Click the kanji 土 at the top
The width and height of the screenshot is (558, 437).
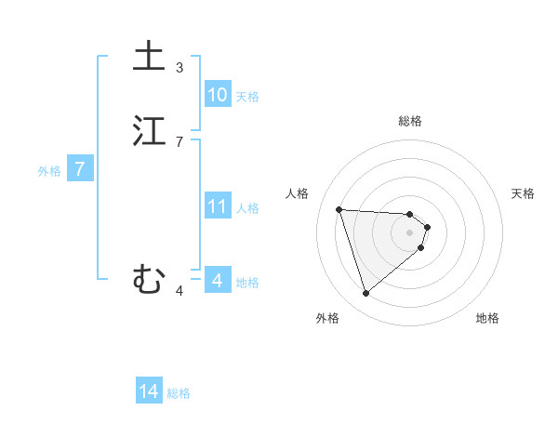[x=149, y=56]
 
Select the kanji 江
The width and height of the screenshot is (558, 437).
[x=149, y=131]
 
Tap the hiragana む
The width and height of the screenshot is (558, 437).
[x=149, y=279]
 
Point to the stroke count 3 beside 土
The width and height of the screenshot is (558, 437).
[x=179, y=67]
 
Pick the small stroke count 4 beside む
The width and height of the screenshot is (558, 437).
[x=179, y=291]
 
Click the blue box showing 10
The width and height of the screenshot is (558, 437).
[x=217, y=95]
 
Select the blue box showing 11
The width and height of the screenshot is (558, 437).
[x=217, y=206]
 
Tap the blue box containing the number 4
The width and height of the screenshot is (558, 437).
[x=217, y=281]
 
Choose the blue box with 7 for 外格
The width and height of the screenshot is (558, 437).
[x=80, y=169]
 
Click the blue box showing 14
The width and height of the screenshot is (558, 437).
[x=149, y=392]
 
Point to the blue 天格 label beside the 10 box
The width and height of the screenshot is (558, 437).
[x=247, y=97]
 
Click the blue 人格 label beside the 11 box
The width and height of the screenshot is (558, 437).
[x=247, y=208]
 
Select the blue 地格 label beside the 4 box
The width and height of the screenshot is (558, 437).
[x=247, y=283]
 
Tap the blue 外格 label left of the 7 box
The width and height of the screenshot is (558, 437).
[x=49, y=171]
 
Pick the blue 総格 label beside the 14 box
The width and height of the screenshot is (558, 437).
[x=179, y=394]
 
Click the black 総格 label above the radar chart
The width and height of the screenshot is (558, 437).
[x=410, y=121]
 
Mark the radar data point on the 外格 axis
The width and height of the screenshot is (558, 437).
[x=366, y=294]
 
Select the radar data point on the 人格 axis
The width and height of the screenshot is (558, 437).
[x=339, y=209]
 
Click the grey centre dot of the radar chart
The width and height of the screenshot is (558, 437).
[x=410, y=232]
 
